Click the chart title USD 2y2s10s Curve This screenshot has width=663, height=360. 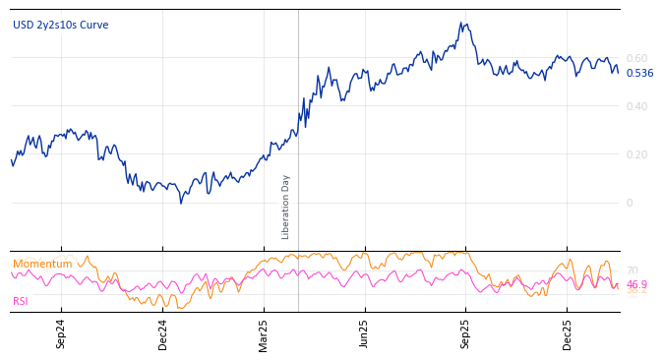coord(61,25)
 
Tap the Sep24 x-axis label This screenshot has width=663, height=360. coord(61,333)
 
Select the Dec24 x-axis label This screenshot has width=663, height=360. coord(163,333)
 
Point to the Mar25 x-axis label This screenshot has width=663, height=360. coord(264,333)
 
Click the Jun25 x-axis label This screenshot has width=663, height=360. coord(365,333)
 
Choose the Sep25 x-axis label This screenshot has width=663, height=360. coord(466,333)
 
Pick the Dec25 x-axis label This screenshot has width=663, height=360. coord(568,333)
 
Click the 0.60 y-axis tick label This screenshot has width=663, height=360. coord(636,58)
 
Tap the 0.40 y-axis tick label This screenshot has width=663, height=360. coord(636,106)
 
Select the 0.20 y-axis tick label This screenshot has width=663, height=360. coord(636,154)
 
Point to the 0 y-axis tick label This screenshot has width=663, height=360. coord(631,203)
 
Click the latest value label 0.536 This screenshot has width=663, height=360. coord(639,73)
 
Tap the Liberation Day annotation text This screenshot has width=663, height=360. coord(286,207)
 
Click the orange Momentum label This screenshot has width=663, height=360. coord(42,264)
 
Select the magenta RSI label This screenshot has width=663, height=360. coord(21,301)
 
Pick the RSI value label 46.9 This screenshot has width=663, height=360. coord(636,284)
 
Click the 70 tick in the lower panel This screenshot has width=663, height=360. coord(632,270)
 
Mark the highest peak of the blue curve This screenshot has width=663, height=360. coord(461,23)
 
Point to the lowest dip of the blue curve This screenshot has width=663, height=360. coord(181,203)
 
